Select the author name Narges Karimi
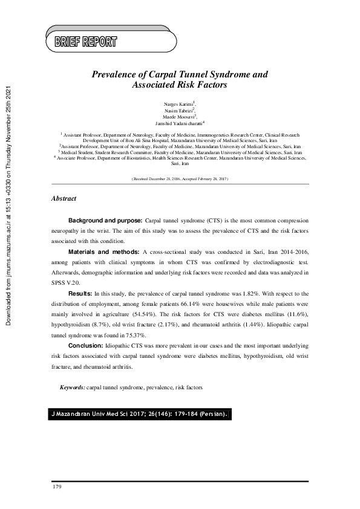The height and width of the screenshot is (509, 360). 178,104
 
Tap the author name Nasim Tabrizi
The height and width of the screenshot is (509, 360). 178,111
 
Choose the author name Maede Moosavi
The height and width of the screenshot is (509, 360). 178,117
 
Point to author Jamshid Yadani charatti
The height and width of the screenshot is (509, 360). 180,123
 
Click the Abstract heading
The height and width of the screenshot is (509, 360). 64,198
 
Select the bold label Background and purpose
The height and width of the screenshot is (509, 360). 105,221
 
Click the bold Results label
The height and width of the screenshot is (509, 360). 80,293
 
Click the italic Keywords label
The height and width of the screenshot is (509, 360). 72,386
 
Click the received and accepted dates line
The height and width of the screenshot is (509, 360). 179,180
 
